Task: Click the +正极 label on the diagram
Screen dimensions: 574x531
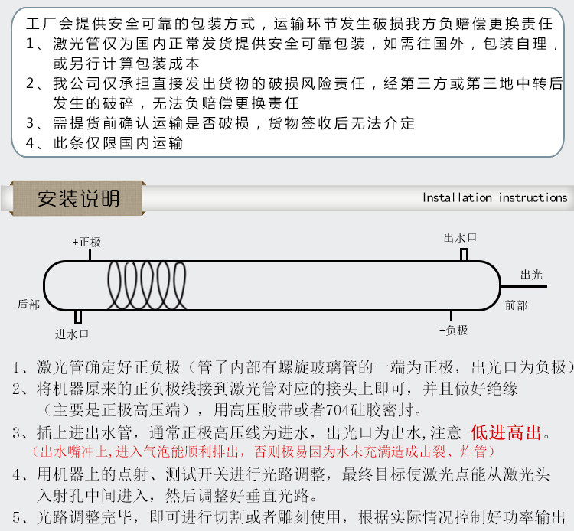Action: point(87,242)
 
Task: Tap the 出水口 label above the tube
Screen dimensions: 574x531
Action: point(460,238)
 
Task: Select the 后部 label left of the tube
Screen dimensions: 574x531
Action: point(28,305)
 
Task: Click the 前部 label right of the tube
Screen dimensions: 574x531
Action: point(516,305)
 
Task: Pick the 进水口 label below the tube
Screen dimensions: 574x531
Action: point(73,334)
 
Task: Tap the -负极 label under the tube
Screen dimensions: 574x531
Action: point(453,331)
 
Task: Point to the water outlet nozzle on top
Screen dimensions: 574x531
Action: point(464,254)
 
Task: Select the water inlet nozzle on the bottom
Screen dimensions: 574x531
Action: point(78,318)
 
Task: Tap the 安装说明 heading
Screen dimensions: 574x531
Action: point(79,199)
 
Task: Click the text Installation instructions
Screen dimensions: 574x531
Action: point(494,198)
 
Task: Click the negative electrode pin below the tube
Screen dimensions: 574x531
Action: point(452,317)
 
